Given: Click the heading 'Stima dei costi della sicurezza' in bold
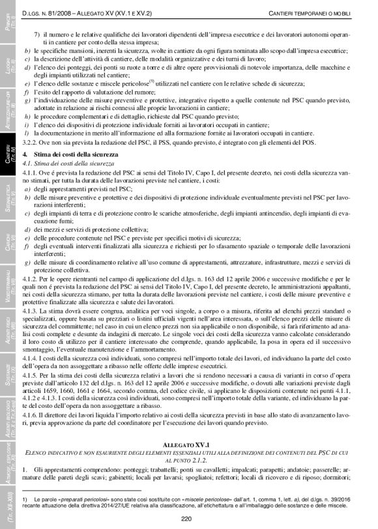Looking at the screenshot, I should (x=76, y=152).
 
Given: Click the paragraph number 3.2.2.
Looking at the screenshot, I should (x=31, y=141).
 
